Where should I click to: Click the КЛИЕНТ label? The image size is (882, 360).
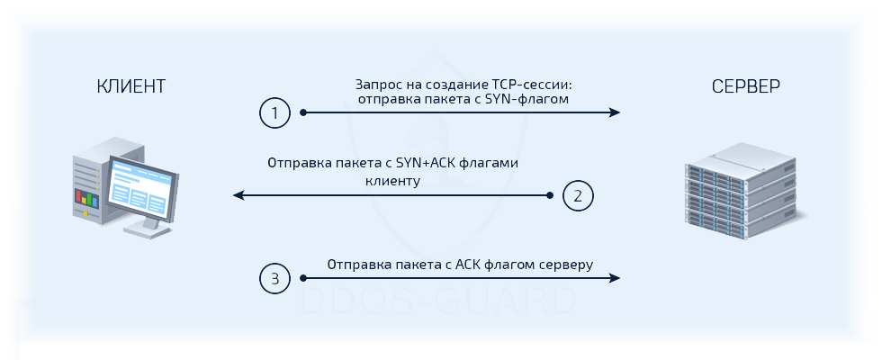131,86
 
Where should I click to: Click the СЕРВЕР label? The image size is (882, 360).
746,86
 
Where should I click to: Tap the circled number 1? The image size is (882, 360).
274,113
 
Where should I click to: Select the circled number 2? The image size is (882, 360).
578,194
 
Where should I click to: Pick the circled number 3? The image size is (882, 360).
274,279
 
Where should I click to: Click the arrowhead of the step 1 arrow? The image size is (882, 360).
615,112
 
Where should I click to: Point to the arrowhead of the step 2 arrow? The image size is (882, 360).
238,194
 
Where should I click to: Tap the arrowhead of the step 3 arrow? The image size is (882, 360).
615,279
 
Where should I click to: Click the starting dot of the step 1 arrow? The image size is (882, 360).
304,112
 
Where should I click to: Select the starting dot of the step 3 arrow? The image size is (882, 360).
304,279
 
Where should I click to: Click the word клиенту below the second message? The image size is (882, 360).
393,180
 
